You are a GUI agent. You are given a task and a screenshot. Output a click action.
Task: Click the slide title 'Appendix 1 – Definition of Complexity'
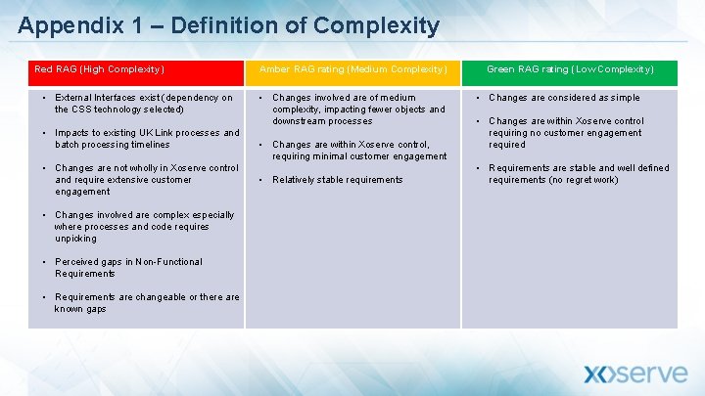228,25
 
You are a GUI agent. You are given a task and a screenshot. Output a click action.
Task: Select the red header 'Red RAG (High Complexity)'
100,69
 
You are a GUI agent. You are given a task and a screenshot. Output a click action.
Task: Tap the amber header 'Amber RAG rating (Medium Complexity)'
352,69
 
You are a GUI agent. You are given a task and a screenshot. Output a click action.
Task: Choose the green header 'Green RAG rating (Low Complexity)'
570,69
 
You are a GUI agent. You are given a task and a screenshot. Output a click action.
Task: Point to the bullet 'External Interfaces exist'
144,104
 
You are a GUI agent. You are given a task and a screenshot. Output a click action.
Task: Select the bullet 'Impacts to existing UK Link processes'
147,139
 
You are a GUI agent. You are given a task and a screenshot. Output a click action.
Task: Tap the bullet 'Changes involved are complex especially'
145,226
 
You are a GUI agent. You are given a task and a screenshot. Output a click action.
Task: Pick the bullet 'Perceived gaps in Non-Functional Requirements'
128,267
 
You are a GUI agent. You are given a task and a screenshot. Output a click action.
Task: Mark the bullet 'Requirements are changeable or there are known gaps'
147,302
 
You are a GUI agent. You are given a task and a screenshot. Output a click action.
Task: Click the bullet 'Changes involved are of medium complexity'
357,109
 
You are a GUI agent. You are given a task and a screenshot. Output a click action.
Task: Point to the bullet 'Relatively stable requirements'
337,180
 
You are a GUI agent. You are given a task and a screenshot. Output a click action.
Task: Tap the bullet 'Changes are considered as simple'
564,98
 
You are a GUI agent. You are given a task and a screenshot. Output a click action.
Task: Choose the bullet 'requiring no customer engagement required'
565,133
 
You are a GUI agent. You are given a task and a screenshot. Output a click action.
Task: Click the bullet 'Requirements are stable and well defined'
579,174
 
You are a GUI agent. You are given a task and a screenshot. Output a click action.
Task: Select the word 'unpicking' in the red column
76,238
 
